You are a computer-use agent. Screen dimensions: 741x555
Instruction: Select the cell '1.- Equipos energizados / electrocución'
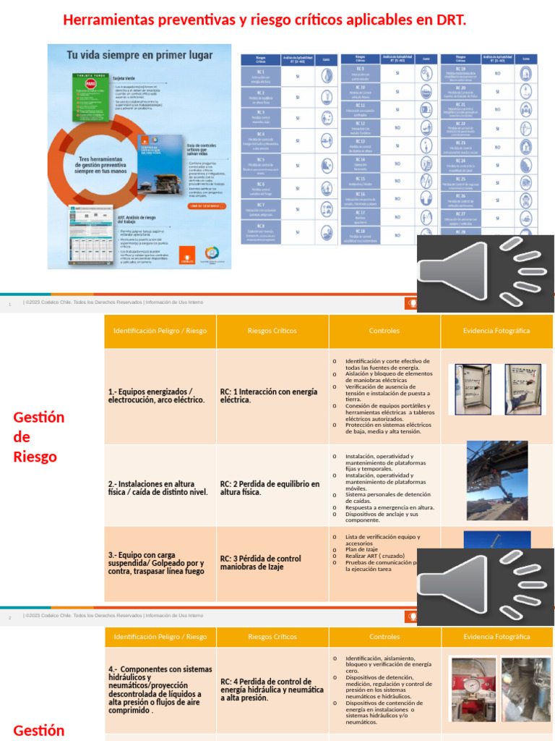pos(157,396)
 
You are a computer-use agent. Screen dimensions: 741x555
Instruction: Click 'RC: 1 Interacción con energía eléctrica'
pos(269,396)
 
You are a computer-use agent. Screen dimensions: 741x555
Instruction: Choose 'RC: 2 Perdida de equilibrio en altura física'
pos(270,488)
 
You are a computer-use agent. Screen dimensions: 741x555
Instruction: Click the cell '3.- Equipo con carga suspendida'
pos(156,562)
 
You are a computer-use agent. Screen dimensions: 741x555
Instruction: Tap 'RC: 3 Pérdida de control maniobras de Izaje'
pos(260,562)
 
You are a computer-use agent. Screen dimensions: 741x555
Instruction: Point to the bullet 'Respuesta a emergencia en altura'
pos(390,507)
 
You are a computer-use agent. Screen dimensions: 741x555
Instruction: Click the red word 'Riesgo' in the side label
pos(35,457)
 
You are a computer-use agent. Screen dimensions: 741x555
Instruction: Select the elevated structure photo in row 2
pos(496,480)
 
